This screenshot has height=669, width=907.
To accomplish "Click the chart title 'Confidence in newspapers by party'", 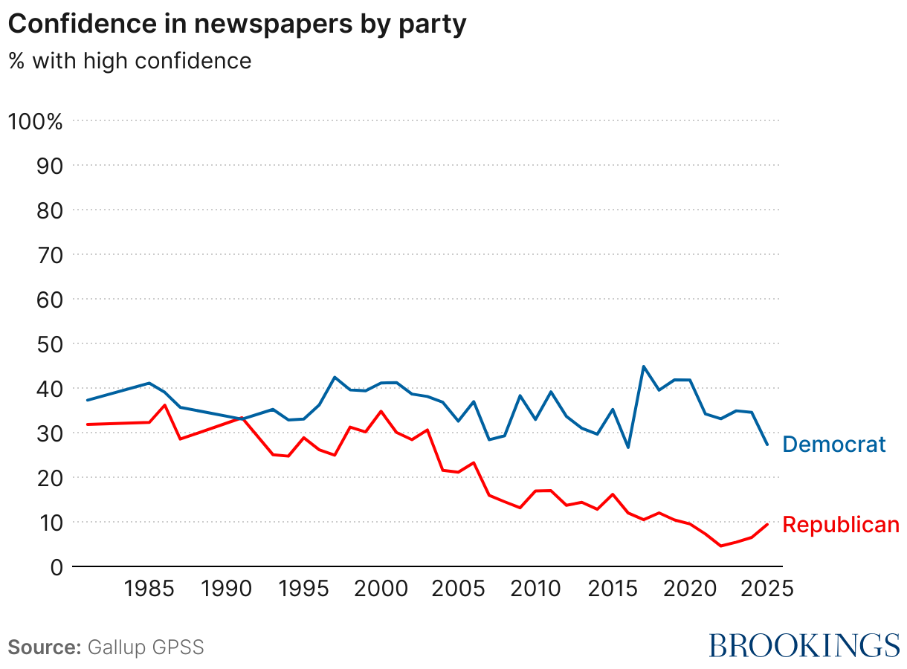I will [x=237, y=24].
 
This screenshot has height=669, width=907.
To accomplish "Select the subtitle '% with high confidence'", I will [x=130, y=60].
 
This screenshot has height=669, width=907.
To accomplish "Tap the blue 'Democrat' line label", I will [x=834, y=445].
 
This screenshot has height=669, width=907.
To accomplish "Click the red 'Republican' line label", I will [x=841, y=525].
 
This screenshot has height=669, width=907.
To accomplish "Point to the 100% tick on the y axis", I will [x=35, y=121].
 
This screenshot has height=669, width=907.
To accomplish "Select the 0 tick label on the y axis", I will [x=57, y=567].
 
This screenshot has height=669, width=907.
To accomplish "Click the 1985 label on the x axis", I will [x=149, y=589].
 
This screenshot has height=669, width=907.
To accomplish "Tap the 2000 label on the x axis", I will [x=381, y=589].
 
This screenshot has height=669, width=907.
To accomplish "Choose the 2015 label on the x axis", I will [x=612, y=589].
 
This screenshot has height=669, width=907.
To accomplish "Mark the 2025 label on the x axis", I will [x=766, y=589].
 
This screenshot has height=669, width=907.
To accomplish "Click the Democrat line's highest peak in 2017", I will [x=643, y=366].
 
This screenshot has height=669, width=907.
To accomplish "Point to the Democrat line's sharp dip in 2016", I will [x=628, y=447].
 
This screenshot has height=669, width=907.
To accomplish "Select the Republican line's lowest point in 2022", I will [x=720, y=546].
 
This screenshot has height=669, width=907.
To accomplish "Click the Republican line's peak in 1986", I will [x=165, y=405].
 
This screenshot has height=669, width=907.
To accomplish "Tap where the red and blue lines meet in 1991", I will [x=242, y=418].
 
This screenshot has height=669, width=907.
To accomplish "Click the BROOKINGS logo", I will [x=804, y=645].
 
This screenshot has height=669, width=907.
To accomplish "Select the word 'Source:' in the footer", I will [x=44, y=647].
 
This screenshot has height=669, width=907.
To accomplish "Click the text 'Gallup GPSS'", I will [x=146, y=647].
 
